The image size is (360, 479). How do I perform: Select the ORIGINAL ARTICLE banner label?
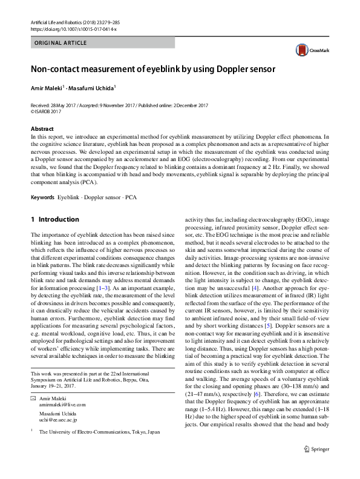pos(61,43)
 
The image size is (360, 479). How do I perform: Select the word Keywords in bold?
pos(42,198)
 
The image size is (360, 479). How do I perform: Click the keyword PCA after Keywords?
pos(131,198)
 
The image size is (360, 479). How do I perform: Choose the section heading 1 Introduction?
pos(54,219)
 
